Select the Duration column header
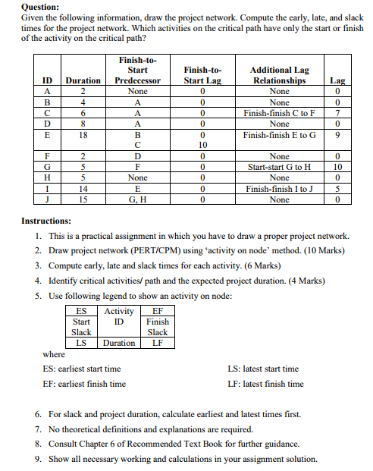pyautogui.click(x=83, y=80)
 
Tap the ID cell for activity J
pyautogui.click(x=48, y=199)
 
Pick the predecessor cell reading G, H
pyautogui.click(x=137, y=199)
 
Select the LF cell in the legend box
pyautogui.click(x=158, y=343)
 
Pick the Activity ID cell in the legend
pyautogui.click(x=119, y=316)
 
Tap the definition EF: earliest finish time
pyautogui.click(x=84, y=384)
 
